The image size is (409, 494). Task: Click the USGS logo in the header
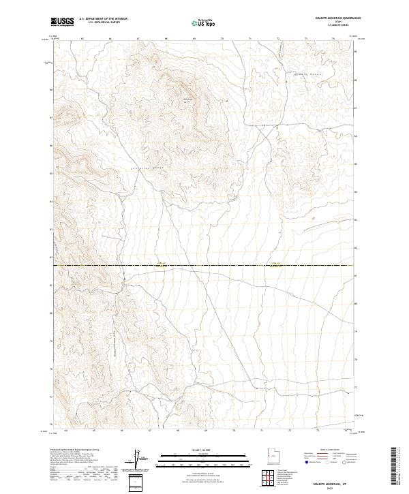pyautogui.click(x=62, y=22)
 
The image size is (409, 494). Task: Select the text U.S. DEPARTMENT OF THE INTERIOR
pyautogui.click(x=103, y=19)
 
